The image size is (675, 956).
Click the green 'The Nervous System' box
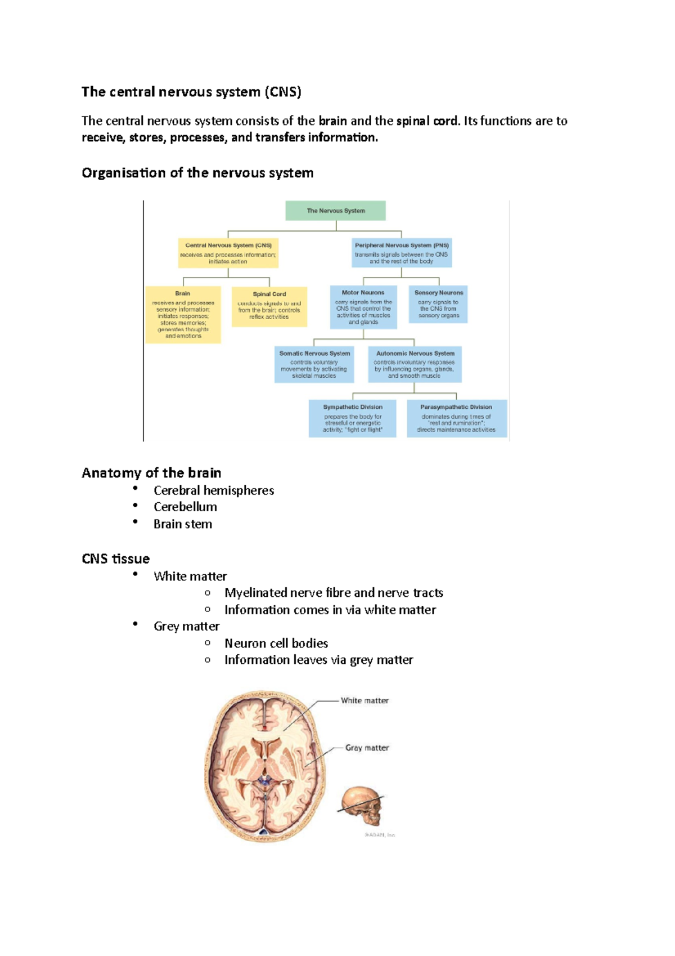(x=336, y=211)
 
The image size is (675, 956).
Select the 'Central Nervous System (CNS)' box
(x=228, y=253)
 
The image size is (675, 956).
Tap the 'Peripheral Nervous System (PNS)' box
(x=402, y=253)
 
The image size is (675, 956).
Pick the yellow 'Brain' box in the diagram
(x=183, y=314)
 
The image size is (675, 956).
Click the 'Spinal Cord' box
(x=269, y=306)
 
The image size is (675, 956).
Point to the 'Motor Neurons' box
(x=363, y=307)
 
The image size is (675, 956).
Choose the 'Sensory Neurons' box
(x=439, y=304)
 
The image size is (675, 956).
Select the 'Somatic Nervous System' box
(x=314, y=364)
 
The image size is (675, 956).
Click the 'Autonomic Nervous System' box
(x=415, y=364)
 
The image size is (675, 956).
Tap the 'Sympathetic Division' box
(x=353, y=418)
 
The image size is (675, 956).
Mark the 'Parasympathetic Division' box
(x=456, y=418)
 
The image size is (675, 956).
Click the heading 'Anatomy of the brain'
(x=151, y=473)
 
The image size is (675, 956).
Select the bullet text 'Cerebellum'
(x=185, y=507)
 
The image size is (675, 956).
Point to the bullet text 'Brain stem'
(x=183, y=524)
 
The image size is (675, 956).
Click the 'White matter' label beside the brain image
(x=364, y=701)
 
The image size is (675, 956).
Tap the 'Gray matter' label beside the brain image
(x=367, y=748)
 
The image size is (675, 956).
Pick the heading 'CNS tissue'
(x=115, y=559)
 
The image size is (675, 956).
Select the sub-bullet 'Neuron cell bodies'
(x=276, y=643)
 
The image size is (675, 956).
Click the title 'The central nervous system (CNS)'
(x=191, y=92)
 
